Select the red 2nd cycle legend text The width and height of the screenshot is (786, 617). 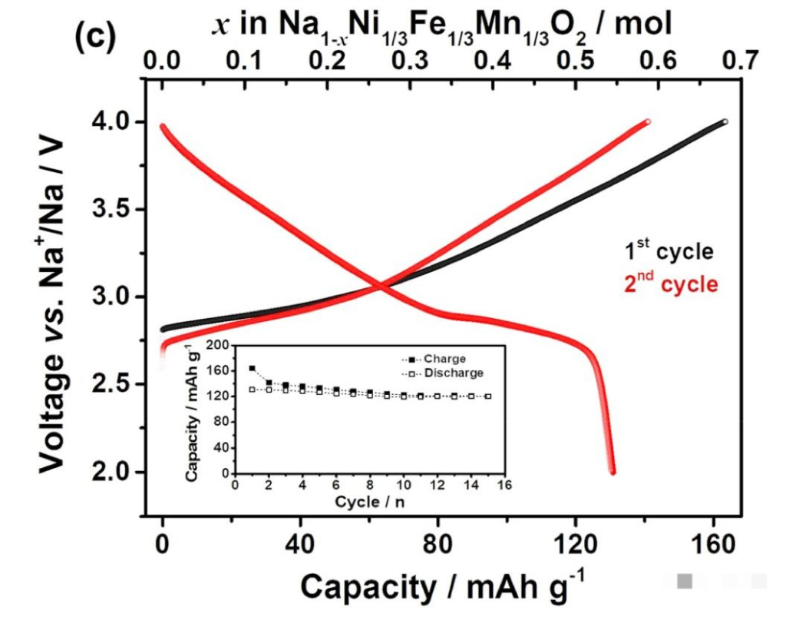coord(669,284)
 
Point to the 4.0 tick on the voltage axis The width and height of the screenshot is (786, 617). coord(112,123)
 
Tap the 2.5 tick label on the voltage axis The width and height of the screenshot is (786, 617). coord(112,385)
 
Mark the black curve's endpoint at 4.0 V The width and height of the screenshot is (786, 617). coord(724,121)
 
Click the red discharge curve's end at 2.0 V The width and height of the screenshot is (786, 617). coord(613,471)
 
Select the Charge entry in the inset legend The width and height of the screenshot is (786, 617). coord(445,359)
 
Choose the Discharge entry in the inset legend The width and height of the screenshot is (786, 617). coord(453,373)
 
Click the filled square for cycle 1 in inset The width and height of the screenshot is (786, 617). coord(252,369)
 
